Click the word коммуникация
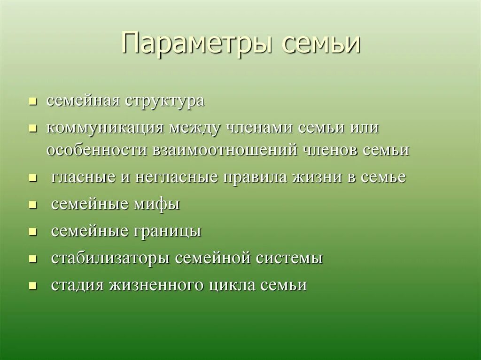(105, 128)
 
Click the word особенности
(96, 150)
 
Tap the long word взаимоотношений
(225, 150)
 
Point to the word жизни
(318, 177)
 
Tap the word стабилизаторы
(110, 258)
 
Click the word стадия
(78, 285)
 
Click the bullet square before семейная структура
(32, 101)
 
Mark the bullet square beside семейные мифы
(32, 205)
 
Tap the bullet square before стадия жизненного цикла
(32, 286)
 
